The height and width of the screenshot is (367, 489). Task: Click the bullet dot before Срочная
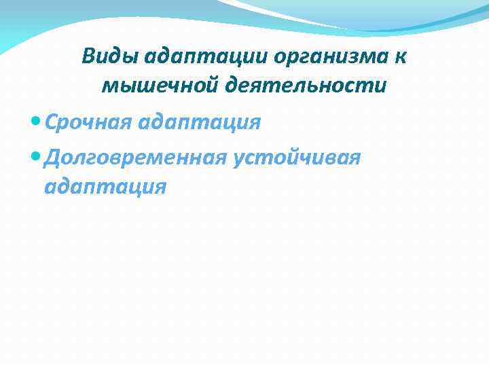(x=35, y=122)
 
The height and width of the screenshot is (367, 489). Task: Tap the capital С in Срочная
(x=50, y=122)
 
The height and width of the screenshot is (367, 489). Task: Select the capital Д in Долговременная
(x=52, y=158)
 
